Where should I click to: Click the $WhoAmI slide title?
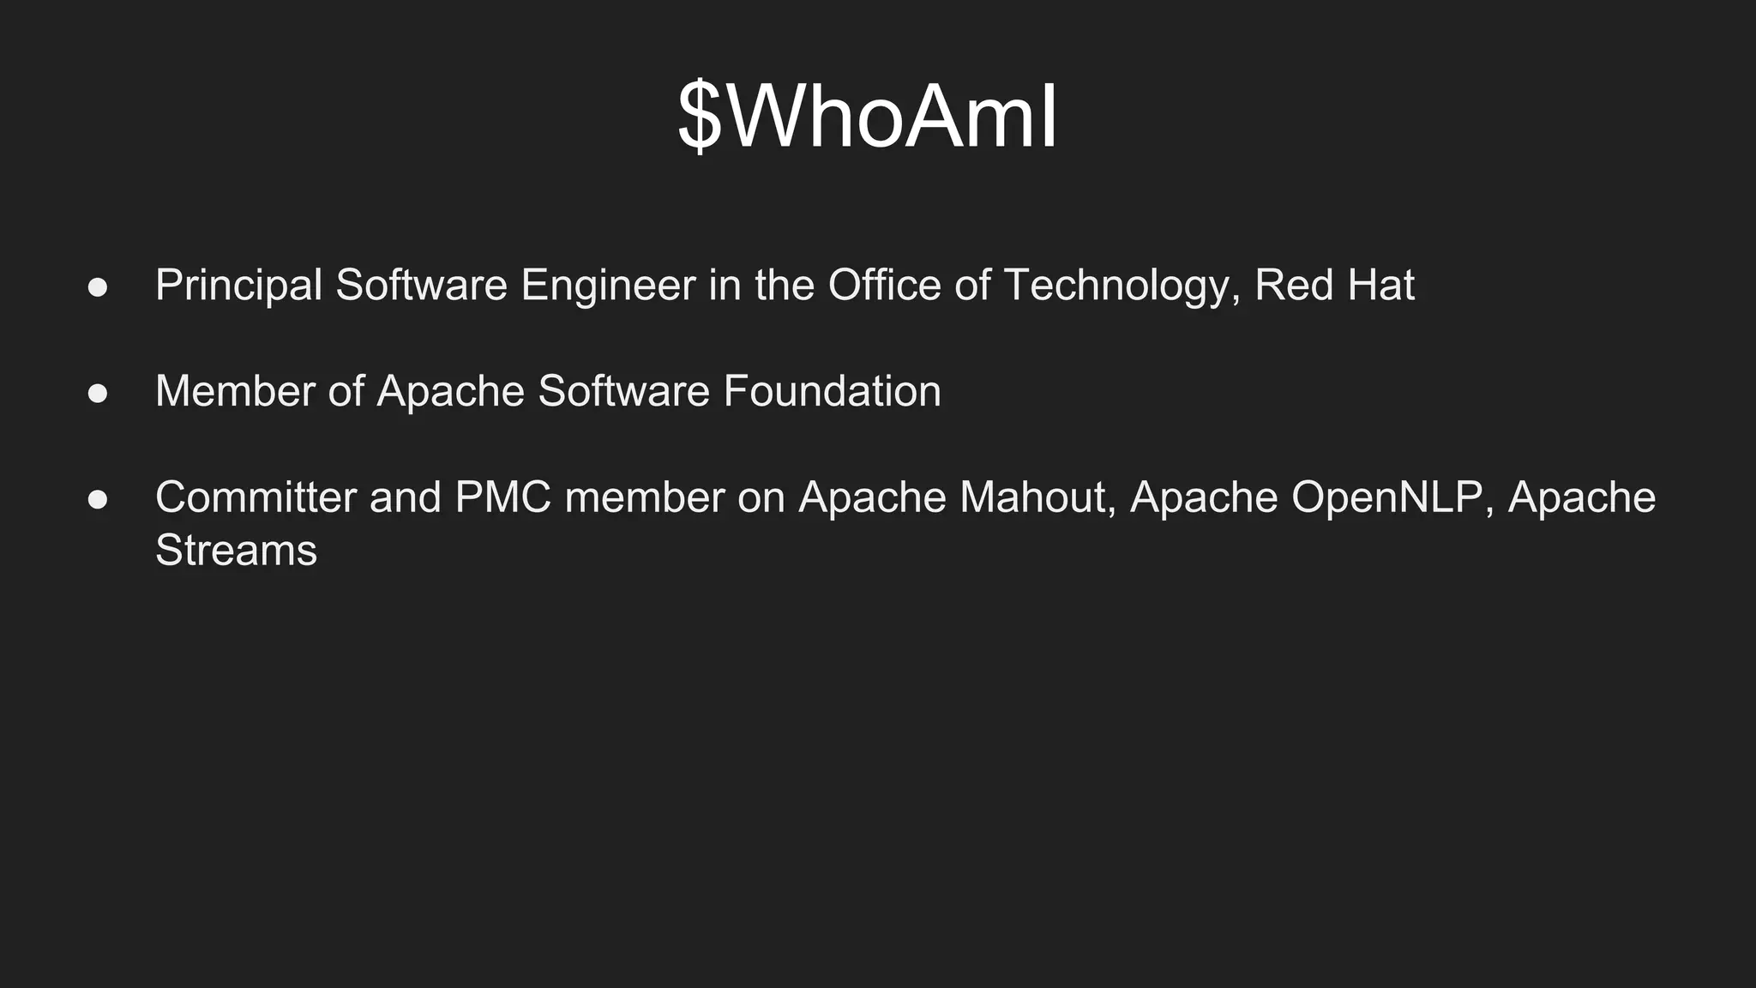click(868, 117)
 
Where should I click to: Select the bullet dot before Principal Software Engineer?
click(98, 287)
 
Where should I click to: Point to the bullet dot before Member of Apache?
click(98, 394)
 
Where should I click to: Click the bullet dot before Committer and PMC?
click(98, 500)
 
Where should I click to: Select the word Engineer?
click(608, 286)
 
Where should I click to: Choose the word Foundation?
click(832, 392)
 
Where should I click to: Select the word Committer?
click(256, 498)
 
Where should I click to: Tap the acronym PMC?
click(503, 498)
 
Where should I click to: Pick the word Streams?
click(236, 551)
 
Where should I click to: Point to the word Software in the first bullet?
click(421, 286)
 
